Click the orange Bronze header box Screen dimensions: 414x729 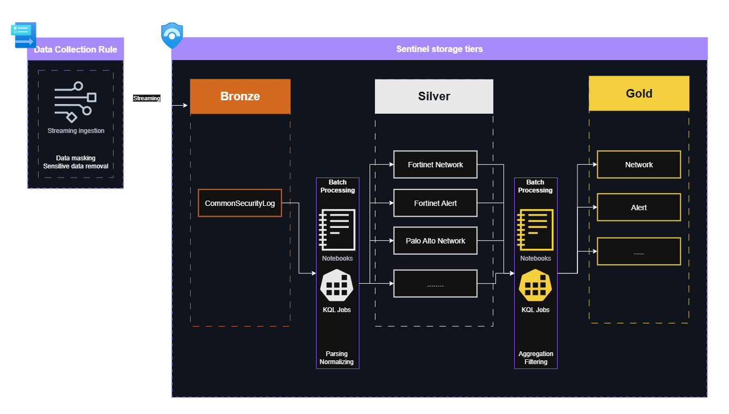click(240, 97)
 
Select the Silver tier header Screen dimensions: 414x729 click(434, 97)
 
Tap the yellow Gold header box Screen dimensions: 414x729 click(639, 93)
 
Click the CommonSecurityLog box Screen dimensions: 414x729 click(240, 203)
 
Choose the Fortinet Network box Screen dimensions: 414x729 click(435, 165)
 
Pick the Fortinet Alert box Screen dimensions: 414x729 click(435, 203)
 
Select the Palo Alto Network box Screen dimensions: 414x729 click(435, 241)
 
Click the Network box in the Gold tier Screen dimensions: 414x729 click(638, 165)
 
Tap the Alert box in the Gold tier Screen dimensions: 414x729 click(638, 208)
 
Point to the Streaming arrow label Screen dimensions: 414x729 click(147, 98)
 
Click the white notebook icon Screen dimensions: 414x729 click(337, 230)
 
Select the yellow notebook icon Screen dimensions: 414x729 click(535, 230)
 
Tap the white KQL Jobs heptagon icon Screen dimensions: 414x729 click(337, 286)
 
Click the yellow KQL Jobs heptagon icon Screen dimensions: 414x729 click(535, 286)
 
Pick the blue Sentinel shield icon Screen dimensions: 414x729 click(172, 35)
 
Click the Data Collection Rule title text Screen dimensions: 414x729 click(76, 49)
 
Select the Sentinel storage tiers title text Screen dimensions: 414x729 click(439, 49)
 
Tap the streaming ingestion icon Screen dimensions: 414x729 click(76, 102)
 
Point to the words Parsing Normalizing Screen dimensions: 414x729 click(337, 358)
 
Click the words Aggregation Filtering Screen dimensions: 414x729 click(536, 358)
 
